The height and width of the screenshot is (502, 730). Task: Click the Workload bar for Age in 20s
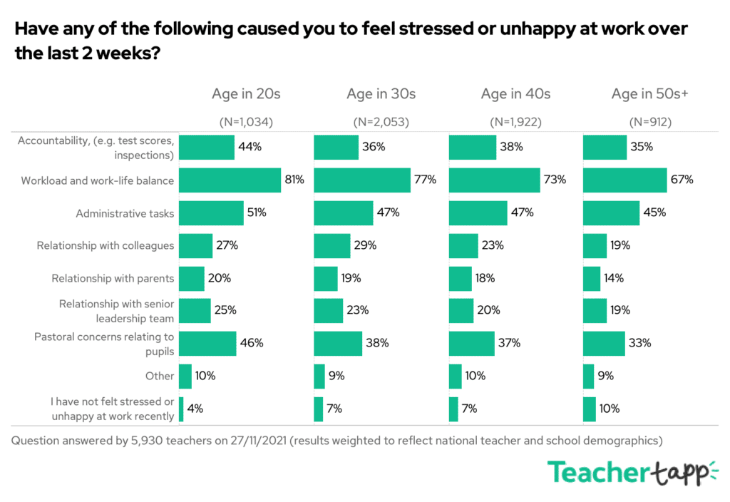[x=230, y=180]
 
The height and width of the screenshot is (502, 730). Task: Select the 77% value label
[x=425, y=180]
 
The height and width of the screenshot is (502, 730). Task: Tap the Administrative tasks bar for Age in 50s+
[x=611, y=212]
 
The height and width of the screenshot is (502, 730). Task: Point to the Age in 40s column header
[x=515, y=93]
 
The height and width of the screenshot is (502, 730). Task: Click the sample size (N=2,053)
[x=381, y=122]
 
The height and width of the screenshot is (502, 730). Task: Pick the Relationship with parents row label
[x=113, y=278]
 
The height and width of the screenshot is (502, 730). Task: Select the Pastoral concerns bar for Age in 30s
[x=338, y=343]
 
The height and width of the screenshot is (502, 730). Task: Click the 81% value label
[x=294, y=180]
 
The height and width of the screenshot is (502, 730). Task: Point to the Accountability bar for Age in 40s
[x=473, y=148]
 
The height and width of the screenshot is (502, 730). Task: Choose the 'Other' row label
[x=160, y=376]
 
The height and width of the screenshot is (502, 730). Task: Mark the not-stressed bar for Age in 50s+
[x=590, y=409]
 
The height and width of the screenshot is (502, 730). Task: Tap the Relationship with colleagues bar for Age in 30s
[x=332, y=245]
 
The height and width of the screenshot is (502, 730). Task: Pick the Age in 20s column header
[x=246, y=93]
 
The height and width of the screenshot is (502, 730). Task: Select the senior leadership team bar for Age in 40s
[x=461, y=311]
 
